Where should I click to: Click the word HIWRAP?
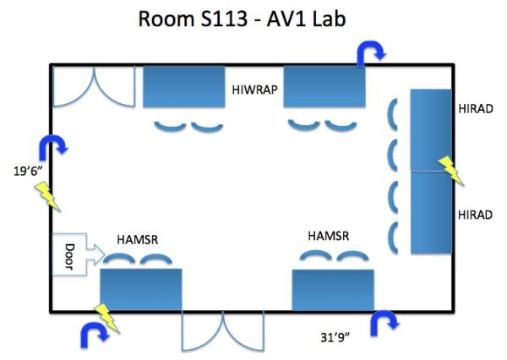(x=256, y=88)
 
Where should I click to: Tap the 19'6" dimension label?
(x=27, y=169)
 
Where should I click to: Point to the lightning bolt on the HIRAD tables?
(x=450, y=170)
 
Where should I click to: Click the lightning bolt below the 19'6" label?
(x=48, y=199)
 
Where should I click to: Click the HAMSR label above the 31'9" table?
(x=328, y=235)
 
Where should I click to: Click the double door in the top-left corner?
(x=93, y=87)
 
